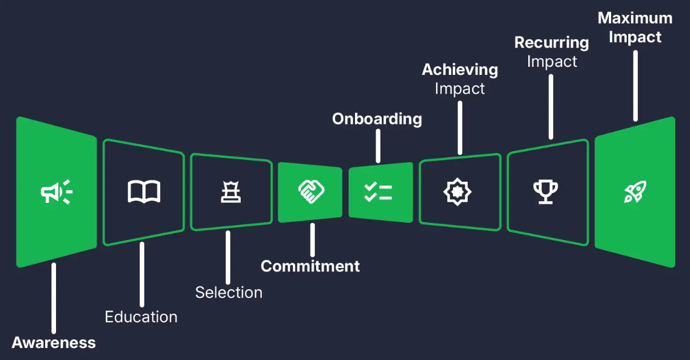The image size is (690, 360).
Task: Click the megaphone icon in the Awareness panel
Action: [x=56, y=192]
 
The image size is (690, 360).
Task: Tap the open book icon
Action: [x=143, y=192]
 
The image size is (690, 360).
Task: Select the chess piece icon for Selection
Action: [x=231, y=192]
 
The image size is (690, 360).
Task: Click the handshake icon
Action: [x=311, y=192]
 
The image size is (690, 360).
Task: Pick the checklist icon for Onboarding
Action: [x=378, y=192]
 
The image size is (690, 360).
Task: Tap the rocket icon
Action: [x=635, y=192]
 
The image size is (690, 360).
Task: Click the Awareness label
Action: [x=54, y=343]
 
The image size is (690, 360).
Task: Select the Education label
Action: [x=141, y=317]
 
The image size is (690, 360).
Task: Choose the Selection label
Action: [x=229, y=293]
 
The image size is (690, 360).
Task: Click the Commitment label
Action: [x=310, y=266]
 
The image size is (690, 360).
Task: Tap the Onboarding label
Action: [x=377, y=119]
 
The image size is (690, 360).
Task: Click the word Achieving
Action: [x=460, y=70]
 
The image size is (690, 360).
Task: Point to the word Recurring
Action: [x=552, y=43]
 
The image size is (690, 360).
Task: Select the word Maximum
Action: [x=635, y=18]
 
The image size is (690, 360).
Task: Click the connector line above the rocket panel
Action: [x=635, y=86]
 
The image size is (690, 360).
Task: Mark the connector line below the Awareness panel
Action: [x=54, y=298]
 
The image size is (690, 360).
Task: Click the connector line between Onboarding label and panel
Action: [x=378, y=146]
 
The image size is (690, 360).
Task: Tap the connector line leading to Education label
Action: [x=142, y=274]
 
